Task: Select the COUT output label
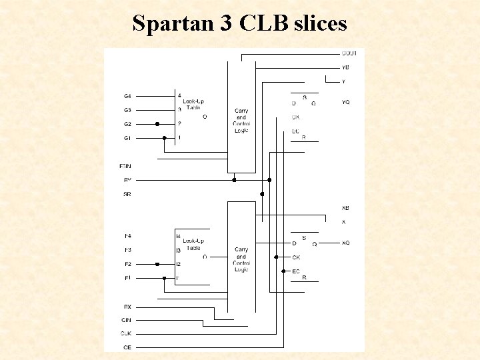click(349, 53)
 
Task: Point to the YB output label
click(345, 67)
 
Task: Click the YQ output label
click(345, 103)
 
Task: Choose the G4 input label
click(127, 96)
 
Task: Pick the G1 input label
click(127, 138)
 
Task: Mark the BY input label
click(127, 180)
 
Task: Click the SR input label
click(127, 194)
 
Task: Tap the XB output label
click(345, 208)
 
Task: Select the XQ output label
click(345, 243)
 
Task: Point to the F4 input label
click(127, 236)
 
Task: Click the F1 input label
click(127, 278)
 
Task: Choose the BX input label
click(127, 307)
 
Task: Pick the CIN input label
click(127, 320)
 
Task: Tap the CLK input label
click(126, 333)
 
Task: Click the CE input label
click(127, 347)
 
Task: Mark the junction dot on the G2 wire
click(157, 124)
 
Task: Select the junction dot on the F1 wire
click(164, 278)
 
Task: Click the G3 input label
click(127, 110)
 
